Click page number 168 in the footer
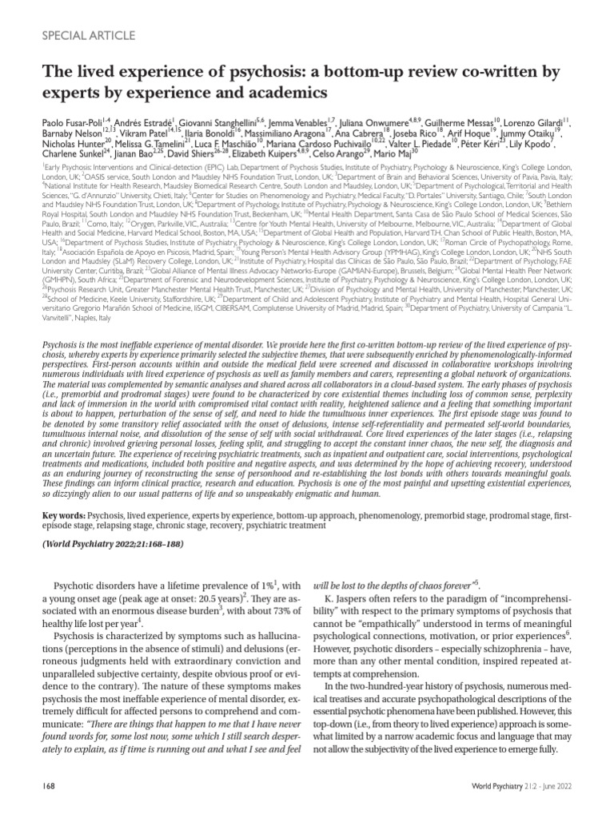pyautogui.click(x=49, y=787)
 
